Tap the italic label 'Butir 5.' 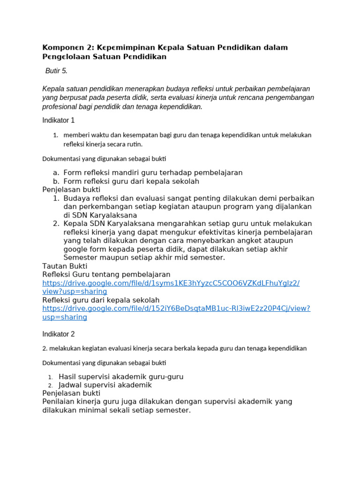[x=56, y=71]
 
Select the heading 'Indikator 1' [x=58, y=120]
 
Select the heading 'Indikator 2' [x=58, y=334]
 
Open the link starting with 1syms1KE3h [x=171, y=283]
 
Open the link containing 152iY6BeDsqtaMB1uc [x=176, y=308]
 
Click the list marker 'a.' [x=56, y=173]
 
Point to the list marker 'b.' [x=56, y=181]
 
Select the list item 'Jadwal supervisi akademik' [x=105, y=385]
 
